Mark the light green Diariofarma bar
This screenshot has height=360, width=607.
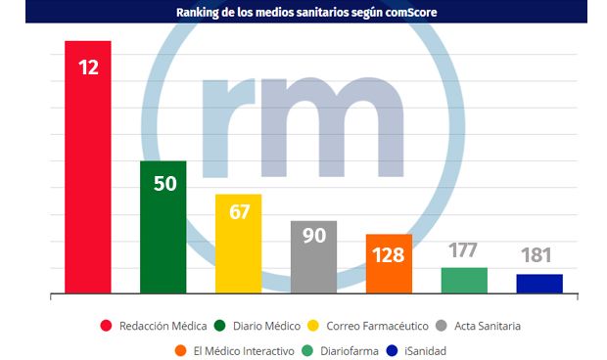point(465,281)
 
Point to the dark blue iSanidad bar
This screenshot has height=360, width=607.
point(539,284)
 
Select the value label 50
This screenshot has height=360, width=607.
point(164,184)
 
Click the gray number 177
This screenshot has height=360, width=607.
point(464,250)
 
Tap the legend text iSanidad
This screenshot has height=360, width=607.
point(430,350)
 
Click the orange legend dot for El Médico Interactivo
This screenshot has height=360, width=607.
point(182,350)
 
